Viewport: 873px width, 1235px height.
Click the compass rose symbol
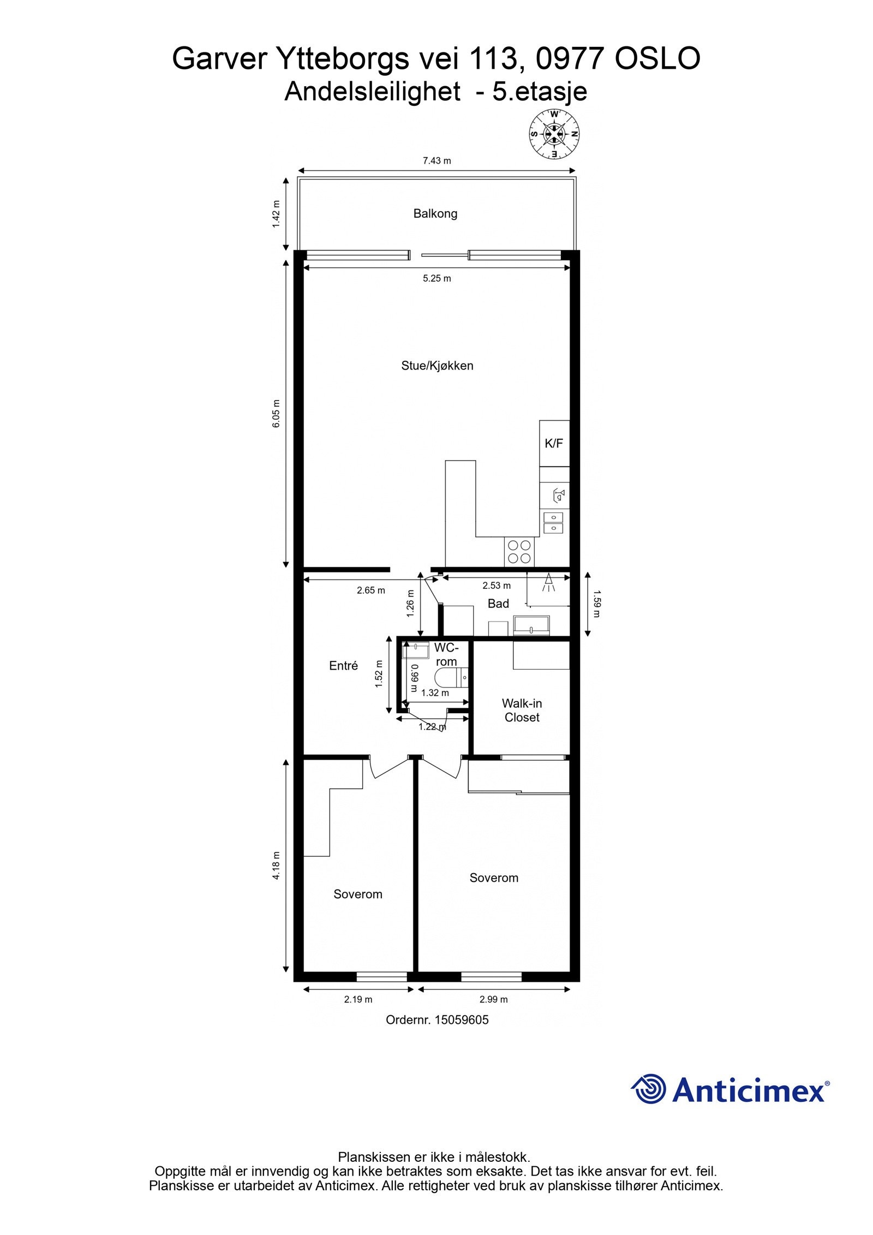tap(554, 134)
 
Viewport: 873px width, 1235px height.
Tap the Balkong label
tap(435, 213)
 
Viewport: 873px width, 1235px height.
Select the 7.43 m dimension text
tap(436, 160)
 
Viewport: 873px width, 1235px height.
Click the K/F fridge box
tap(554, 443)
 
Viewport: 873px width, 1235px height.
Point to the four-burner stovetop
tap(519, 551)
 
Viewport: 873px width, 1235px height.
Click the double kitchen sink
tap(553, 522)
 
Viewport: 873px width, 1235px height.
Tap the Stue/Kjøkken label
tap(437, 366)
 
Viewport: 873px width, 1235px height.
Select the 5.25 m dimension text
tap(436, 278)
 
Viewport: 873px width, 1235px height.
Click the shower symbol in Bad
tap(548, 583)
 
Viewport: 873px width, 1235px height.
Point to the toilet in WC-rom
tap(451, 677)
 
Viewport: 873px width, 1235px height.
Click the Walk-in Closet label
tap(522, 711)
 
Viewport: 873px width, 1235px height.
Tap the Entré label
tap(343, 665)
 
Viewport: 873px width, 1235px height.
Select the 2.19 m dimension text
tap(358, 999)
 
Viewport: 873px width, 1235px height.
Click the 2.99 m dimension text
tap(493, 999)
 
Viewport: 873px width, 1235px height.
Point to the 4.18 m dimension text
tap(276, 866)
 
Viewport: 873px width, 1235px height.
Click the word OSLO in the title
tap(657, 59)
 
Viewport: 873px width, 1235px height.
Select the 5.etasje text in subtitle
tap(540, 92)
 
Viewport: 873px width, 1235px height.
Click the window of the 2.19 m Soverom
tap(381, 976)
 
